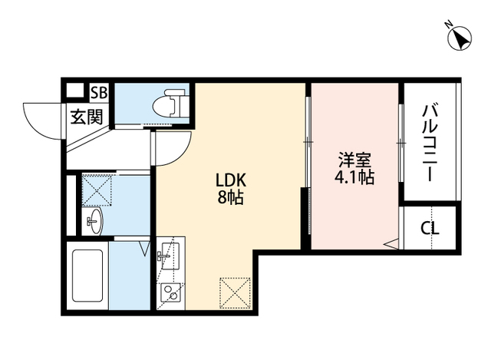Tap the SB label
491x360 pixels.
[x=100, y=93]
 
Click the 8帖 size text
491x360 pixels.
[x=229, y=197]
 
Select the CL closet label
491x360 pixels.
[x=430, y=228]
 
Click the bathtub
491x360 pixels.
[x=87, y=276]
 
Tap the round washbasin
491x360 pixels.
[x=94, y=225]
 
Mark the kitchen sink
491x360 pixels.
[x=170, y=253]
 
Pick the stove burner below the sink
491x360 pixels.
[x=170, y=292]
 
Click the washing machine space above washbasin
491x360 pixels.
[x=97, y=190]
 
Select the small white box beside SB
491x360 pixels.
[x=74, y=91]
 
